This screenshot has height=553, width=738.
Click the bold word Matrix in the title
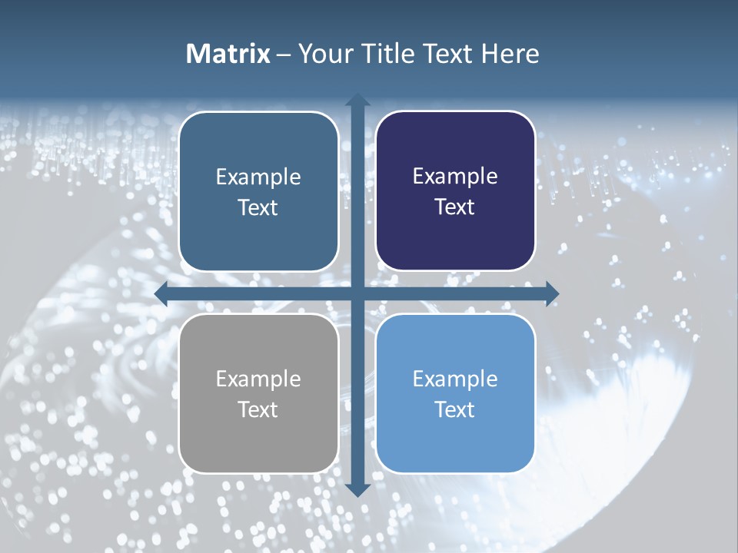[228, 54]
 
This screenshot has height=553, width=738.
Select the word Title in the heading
[389, 54]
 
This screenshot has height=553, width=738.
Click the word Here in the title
[510, 54]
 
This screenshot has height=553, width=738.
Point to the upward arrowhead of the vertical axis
[357, 100]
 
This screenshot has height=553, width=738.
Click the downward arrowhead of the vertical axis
[357, 490]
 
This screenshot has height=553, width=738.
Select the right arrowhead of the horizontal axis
[552, 293]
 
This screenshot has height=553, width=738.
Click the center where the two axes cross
[357, 293]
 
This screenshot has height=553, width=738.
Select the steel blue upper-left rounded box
[258, 238]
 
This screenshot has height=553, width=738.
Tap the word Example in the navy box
[455, 177]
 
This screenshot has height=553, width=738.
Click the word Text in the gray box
[258, 409]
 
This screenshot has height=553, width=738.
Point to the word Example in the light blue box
[455, 379]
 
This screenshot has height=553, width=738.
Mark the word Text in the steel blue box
[258, 207]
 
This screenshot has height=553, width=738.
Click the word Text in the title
[447, 54]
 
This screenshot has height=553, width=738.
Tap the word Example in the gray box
[258, 379]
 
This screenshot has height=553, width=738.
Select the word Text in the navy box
[455, 207]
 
